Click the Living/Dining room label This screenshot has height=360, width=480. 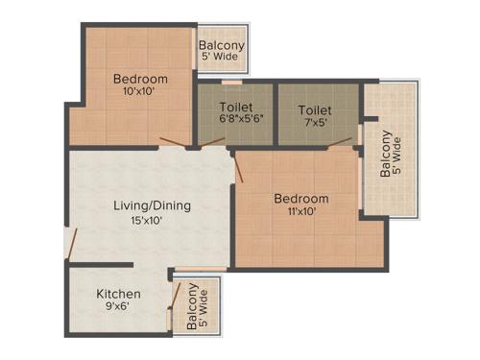153,205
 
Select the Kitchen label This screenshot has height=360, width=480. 119,294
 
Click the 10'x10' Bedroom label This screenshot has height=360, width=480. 140,79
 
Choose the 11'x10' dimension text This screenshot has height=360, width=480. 301,213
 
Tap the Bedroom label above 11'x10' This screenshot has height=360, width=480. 301,199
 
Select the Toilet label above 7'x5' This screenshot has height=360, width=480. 315,110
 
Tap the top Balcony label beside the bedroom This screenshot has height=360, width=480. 222,46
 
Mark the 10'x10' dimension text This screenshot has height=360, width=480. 140,93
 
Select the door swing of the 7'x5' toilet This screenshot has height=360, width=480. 339,144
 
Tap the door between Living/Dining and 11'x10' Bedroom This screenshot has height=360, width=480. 239,168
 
